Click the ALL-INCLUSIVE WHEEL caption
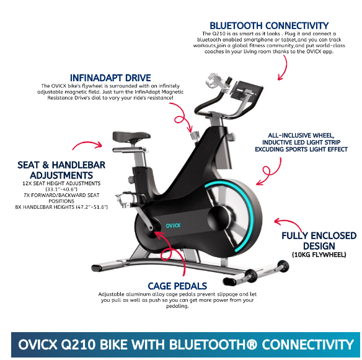(x=303, y=134)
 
